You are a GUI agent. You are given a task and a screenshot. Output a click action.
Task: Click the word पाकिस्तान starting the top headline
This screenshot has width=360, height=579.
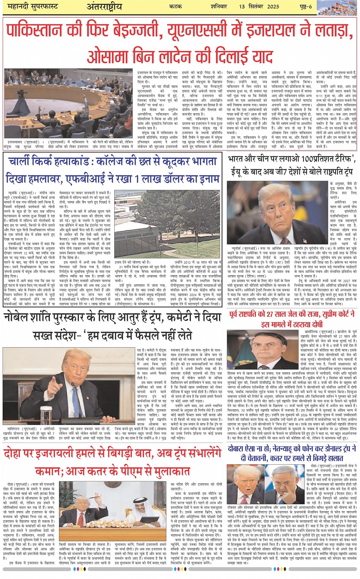click(41, 30)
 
